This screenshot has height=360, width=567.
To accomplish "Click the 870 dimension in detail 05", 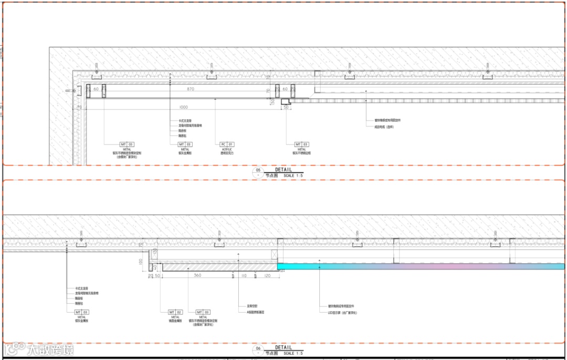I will click(x=191, y=89).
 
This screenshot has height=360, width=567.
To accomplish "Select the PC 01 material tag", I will click(x=227, y=144).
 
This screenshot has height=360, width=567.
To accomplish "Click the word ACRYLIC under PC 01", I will click(x=227, y=149).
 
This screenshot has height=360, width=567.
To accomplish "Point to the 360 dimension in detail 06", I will click(x=197, y=275).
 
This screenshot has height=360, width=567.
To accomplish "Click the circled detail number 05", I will click(x=258, y=171).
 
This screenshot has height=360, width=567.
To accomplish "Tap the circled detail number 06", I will click(x=258, y=349).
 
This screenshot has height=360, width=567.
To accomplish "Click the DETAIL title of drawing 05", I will click(x=283, y=170).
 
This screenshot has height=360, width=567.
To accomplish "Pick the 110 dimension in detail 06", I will click(x=244, y=275).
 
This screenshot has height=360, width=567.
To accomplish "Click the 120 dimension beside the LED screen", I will click(x=267, y=275).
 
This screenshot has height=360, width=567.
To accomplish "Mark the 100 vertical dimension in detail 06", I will click(x=141, y=261).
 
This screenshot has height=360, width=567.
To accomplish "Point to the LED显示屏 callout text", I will click(x=342, y=312).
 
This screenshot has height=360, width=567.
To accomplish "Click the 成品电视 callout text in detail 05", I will click(x=384, y=126).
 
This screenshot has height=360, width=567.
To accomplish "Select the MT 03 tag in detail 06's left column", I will click(x=82, y=312).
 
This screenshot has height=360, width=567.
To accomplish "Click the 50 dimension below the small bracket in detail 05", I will click(x=286, y=107).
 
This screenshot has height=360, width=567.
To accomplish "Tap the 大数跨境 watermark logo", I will click(x=39, y=349).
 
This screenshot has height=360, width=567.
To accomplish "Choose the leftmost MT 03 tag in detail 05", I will click(x=127, y=144).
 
